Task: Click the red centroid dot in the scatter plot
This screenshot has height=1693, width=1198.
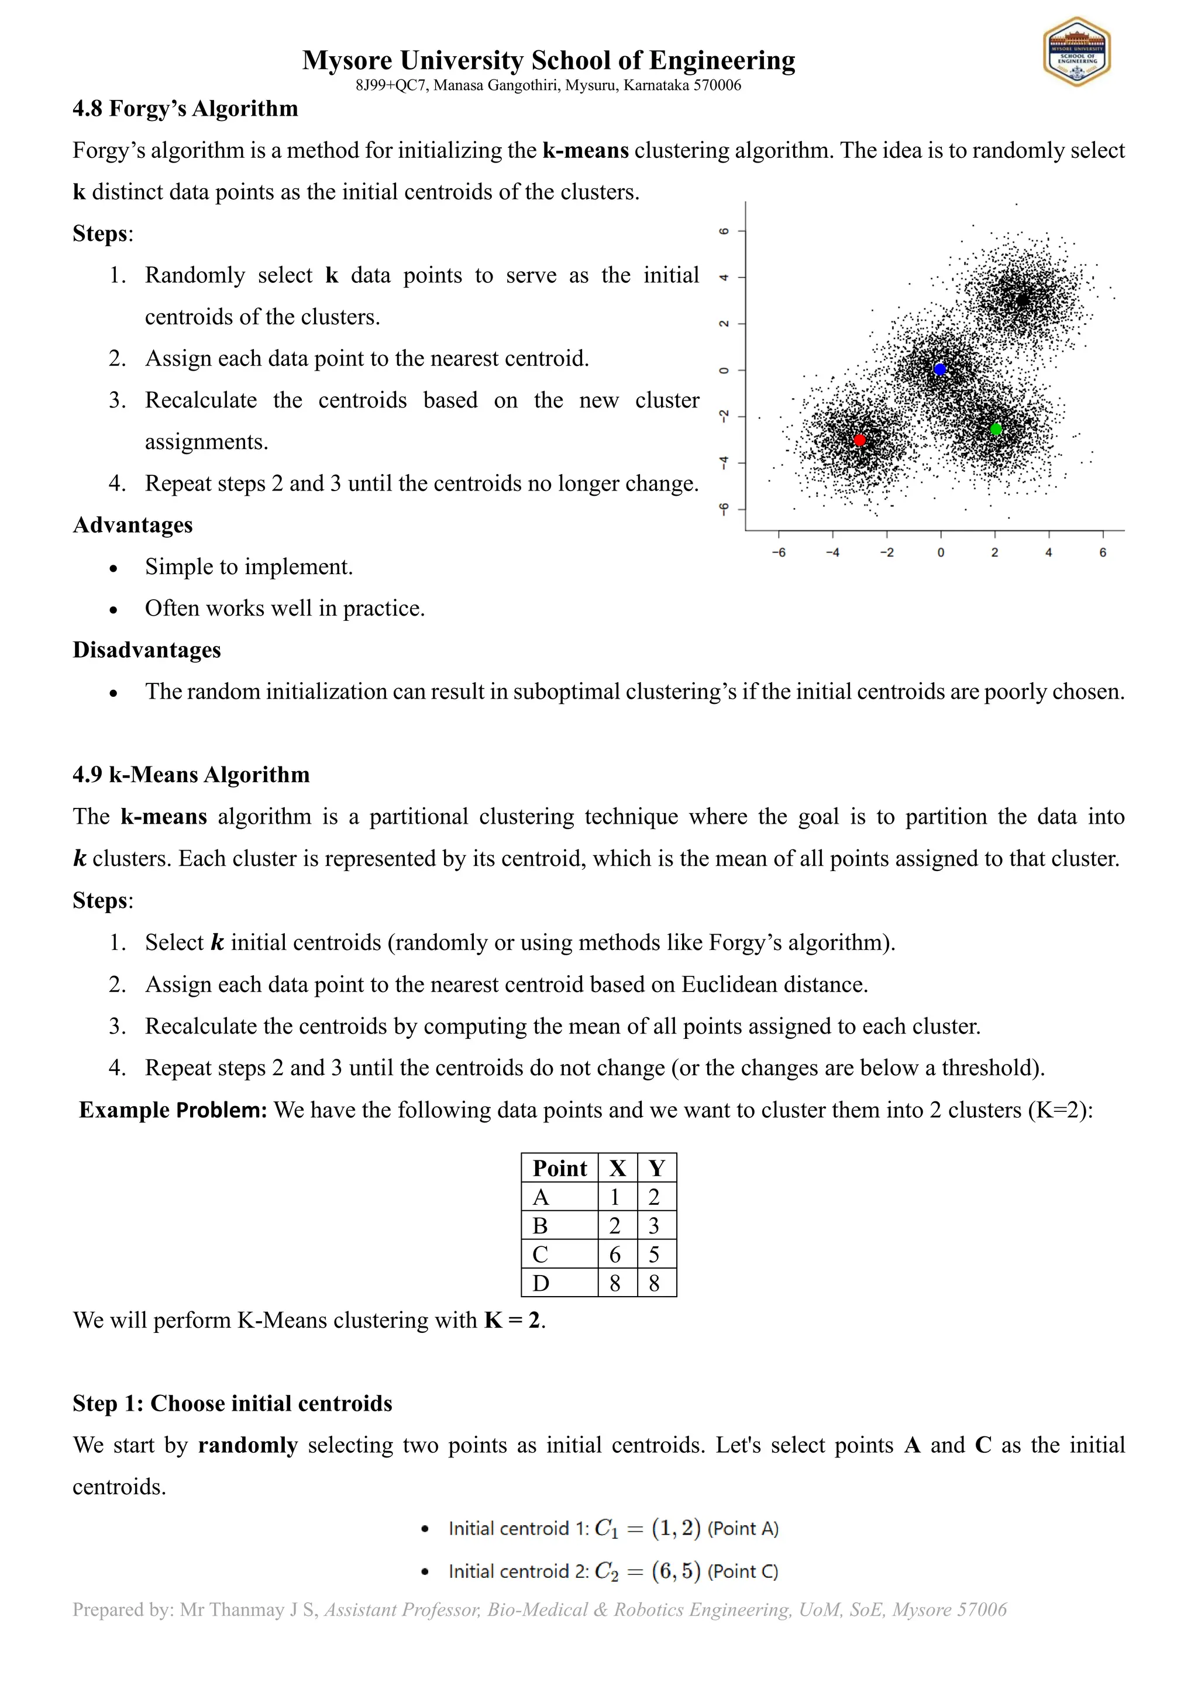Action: pos(859,440)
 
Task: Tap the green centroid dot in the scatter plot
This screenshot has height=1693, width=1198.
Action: pos(995,429)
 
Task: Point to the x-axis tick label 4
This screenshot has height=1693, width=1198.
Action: pos(1048,552)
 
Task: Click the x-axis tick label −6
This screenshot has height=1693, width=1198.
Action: pos(778,552)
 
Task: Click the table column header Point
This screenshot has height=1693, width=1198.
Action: pos(559,1168)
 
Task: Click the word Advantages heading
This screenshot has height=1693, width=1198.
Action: pos(133,525)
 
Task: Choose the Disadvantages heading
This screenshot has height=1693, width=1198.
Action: pos(147,649)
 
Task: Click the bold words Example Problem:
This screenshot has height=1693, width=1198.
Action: pos(173,1110)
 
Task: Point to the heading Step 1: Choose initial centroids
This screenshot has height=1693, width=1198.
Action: pos(232,1402)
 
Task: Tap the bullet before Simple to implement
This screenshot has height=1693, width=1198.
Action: pos(113,568)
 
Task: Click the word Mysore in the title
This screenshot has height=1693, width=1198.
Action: pos(347,60)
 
